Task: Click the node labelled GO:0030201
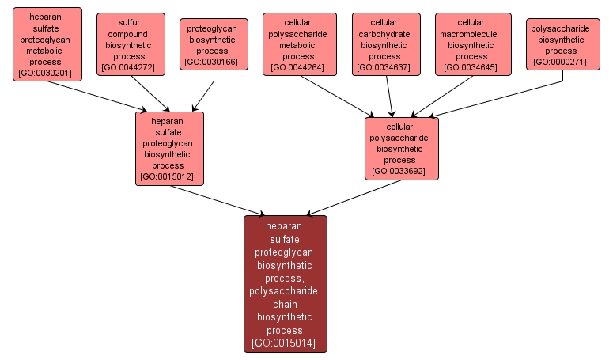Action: click(47, 44)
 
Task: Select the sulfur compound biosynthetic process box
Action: click(131, 44)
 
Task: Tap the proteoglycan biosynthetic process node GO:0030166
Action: click(214, 44)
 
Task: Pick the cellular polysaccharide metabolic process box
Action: click(299, 44)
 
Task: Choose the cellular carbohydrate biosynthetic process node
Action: click(385, 44)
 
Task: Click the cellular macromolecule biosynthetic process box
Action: click(471, 44)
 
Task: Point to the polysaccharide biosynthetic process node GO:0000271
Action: click(560, 44)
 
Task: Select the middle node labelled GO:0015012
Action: click(169, 148)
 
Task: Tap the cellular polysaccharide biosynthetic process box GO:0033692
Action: click(401, 148)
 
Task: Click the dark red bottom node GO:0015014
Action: click(285, 283)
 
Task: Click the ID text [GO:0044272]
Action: click(131, 68)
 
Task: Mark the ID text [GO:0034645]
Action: click(471, 68)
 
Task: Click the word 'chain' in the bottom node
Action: click(285, 304)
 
